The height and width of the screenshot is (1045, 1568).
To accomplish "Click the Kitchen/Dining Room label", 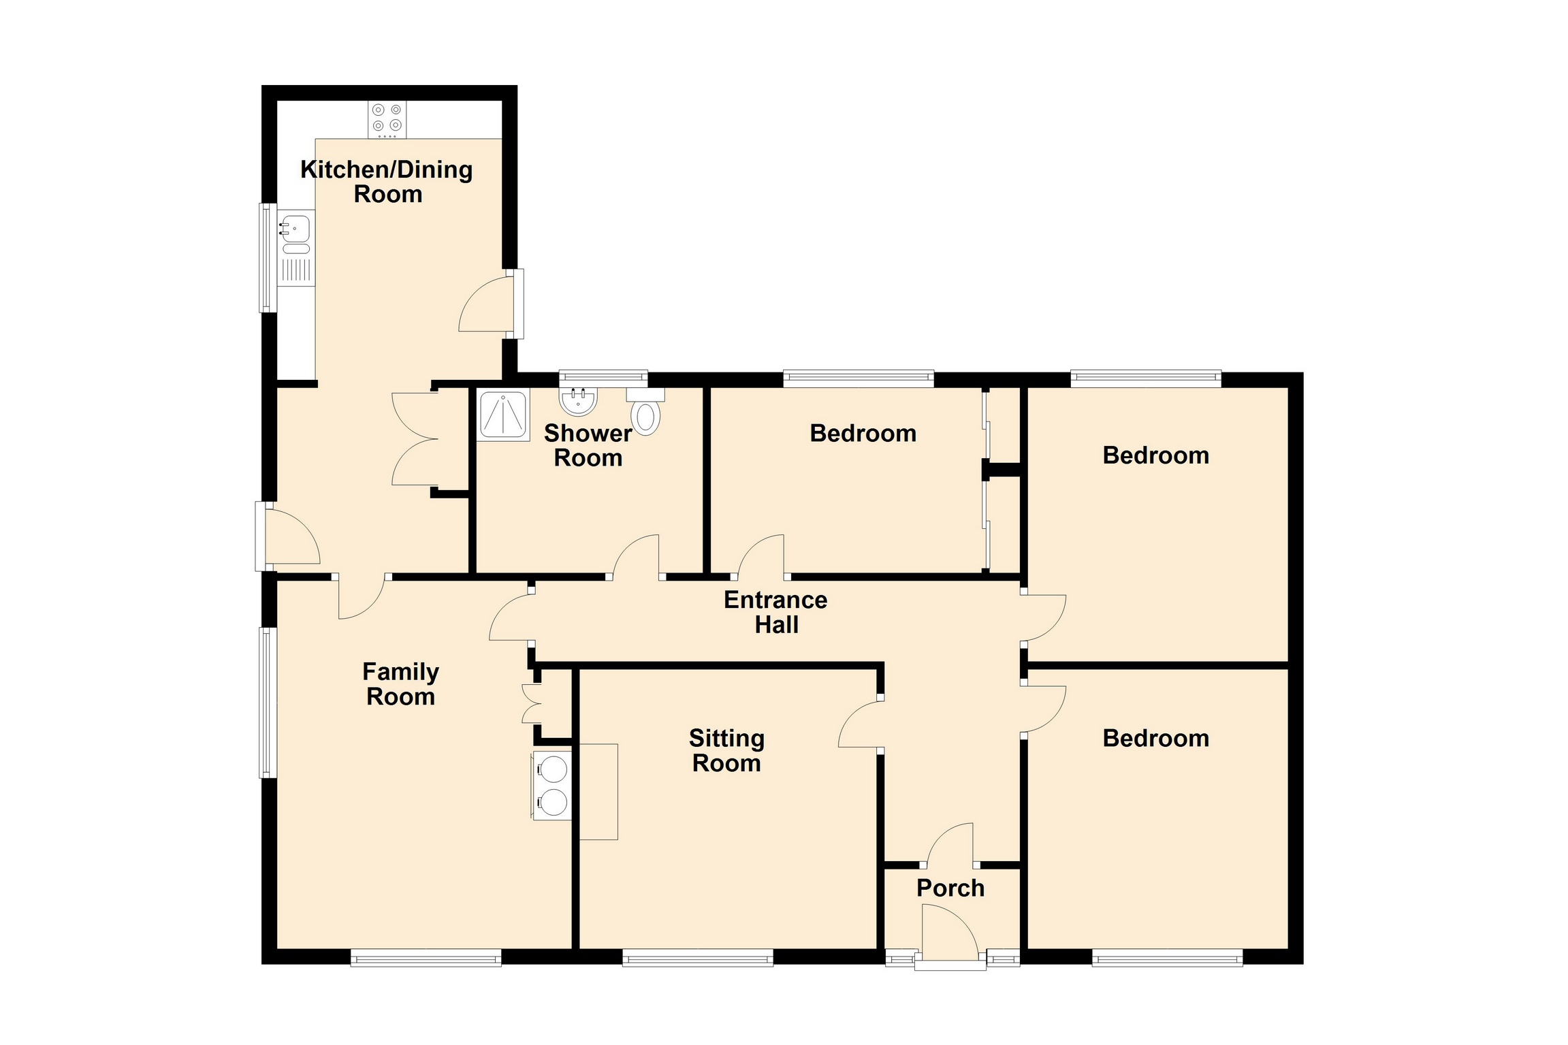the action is coord(387,182).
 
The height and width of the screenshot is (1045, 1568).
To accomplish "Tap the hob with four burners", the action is coord(387,119).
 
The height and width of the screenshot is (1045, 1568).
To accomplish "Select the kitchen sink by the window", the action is coord(296,248).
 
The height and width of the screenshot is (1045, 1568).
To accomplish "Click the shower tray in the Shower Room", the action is coord(503,415).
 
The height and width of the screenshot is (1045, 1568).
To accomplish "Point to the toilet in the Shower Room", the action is coord(645,411).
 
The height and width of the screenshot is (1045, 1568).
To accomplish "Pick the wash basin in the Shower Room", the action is coord(579,401).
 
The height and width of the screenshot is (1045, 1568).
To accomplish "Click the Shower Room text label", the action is coord(588,445).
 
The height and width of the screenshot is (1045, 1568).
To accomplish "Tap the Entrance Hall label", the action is coord(775,612).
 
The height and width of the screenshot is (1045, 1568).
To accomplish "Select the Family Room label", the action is coord(400,684).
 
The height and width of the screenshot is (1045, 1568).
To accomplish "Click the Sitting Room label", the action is coord(726,750).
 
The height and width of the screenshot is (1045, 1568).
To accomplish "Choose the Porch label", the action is coord(950,888).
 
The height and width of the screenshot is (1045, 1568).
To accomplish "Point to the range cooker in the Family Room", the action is coord(552,786).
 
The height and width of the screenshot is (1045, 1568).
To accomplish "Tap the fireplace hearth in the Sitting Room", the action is coord(598,792).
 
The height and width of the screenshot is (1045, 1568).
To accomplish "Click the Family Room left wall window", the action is coord(268,703).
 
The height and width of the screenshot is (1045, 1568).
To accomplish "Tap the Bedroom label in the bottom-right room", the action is coord(1156,739).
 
